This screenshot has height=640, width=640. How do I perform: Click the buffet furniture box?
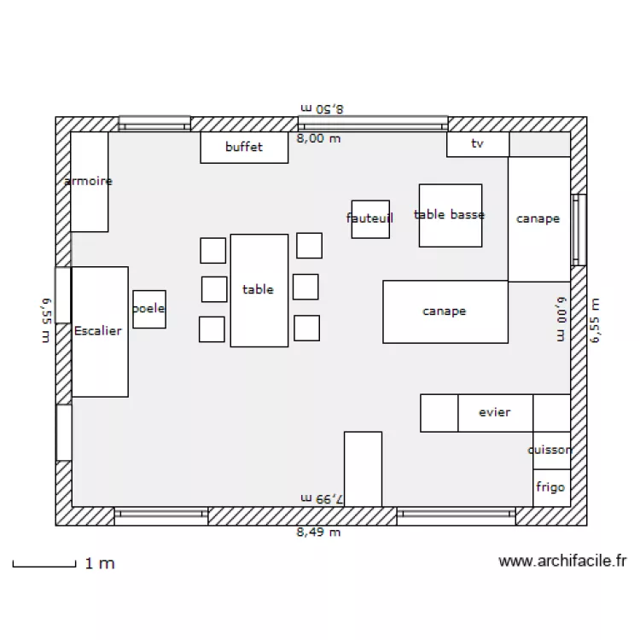coord(243,147)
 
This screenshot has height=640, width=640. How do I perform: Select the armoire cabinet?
coord(89,181)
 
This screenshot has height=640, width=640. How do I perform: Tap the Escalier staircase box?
coord(99,331)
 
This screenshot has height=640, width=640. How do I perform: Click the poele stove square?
coord(148,309)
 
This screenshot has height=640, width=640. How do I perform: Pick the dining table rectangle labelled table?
coord(259,290)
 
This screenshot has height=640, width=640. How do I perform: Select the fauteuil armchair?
coord(370,219)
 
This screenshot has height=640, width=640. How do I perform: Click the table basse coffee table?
coord(450,215)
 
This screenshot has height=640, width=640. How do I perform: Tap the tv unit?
coord(477,144)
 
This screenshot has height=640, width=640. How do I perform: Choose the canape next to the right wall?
coord(538,219)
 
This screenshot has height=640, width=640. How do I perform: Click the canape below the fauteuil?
coord(445,311)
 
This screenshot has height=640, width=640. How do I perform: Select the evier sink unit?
coord(495,413)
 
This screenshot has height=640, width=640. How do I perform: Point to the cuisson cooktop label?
coord(550,450)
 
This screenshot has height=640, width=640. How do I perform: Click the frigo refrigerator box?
coord(550,487)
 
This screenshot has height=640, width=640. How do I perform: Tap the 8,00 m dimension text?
coord(318,138)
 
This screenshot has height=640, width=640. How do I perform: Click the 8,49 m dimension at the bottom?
coord(318,532)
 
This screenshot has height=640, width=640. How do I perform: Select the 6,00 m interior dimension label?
coord(561,318)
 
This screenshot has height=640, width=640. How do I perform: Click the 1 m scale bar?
coord(44,563)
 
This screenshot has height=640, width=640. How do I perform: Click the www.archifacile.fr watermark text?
coord(562,561)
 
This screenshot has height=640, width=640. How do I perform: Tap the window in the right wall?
coord(579,230)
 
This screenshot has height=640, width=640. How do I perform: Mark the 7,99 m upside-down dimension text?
coord(321,497)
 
